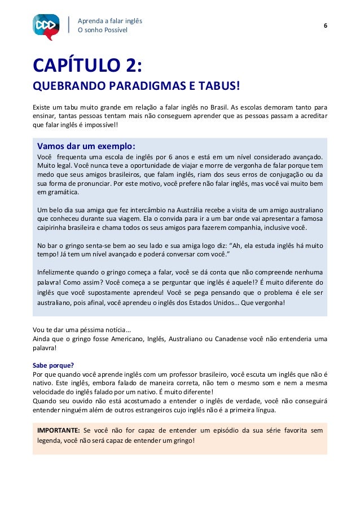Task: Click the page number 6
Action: (326, 26)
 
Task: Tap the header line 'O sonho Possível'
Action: (103, 30)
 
